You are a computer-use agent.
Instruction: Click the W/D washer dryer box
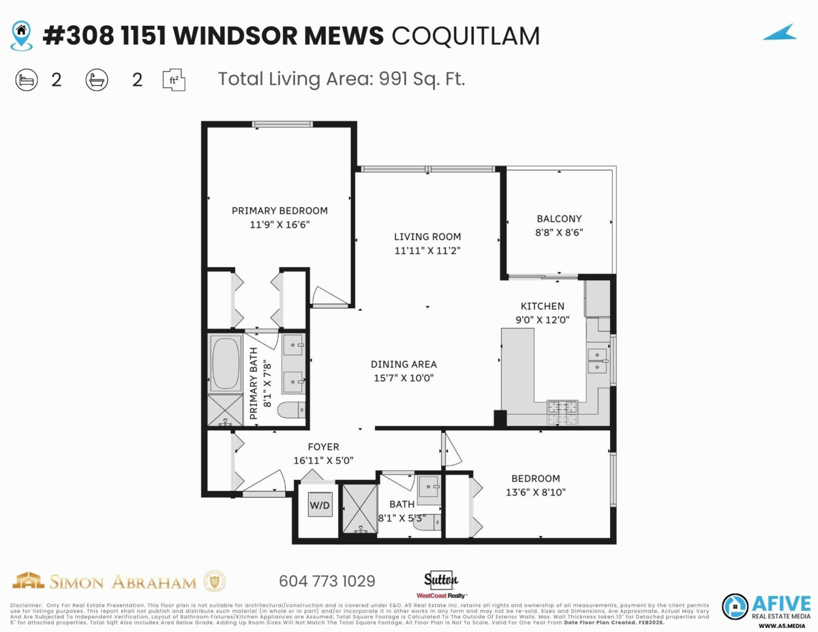click(x=320, y=505)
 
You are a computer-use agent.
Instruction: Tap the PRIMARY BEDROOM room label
click(x=279, y=211)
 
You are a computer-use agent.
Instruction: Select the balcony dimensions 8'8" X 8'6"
click(x=559, y=232)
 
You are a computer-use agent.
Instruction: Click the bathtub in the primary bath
click(x=225, y=363)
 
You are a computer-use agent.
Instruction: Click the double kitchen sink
click(x=598, y=360)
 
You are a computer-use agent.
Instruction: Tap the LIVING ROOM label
click(x=427, y=237)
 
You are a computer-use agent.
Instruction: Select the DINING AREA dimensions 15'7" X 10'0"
click(x=404, y=377)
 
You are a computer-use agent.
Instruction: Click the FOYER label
click(x=323, y=447)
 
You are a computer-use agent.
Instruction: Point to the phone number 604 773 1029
click(x=327, y=582)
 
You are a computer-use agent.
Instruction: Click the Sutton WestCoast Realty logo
click(x=442, y=583)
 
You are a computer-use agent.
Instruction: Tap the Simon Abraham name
click(x=123, y=582)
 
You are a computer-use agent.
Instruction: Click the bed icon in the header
click(x=26, y=80)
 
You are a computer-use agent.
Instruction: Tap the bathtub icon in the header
click(x=96, y=80)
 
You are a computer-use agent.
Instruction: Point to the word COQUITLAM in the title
click(x=466, y=36)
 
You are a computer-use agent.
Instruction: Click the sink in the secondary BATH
click(x=429, y=486)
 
